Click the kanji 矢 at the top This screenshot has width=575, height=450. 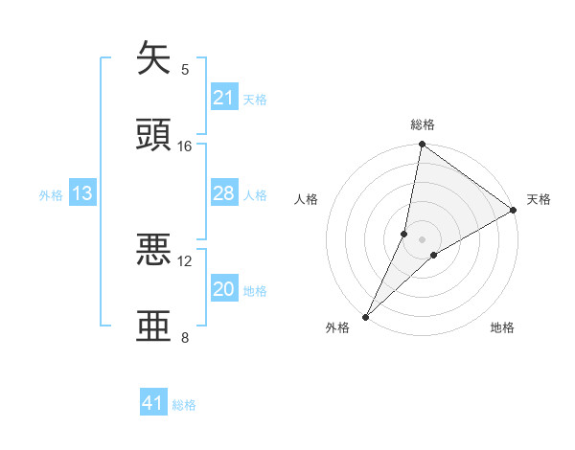(154, 58)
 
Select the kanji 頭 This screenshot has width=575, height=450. (154, 134)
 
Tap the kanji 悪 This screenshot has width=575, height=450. (154, 250)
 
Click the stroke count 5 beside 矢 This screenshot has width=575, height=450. (185, 70)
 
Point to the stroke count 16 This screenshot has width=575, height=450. (185, 146)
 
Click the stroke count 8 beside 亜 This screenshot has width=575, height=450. (185, 337)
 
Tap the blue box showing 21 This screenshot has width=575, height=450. (223, 98)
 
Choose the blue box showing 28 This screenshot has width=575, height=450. (223, 193)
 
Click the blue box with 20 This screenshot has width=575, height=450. (223, 289)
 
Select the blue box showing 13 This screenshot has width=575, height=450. (82, 193)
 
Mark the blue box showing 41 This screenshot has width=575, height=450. (153, 403)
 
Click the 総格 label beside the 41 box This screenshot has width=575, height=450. (184, 405)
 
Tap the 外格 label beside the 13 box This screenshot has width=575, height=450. (51, 195)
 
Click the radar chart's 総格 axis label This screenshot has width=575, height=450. (423, 124)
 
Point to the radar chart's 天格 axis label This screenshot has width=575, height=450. (540, 199)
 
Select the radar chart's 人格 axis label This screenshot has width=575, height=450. (306, 199)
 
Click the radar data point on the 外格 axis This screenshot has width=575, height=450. (365, 315)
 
